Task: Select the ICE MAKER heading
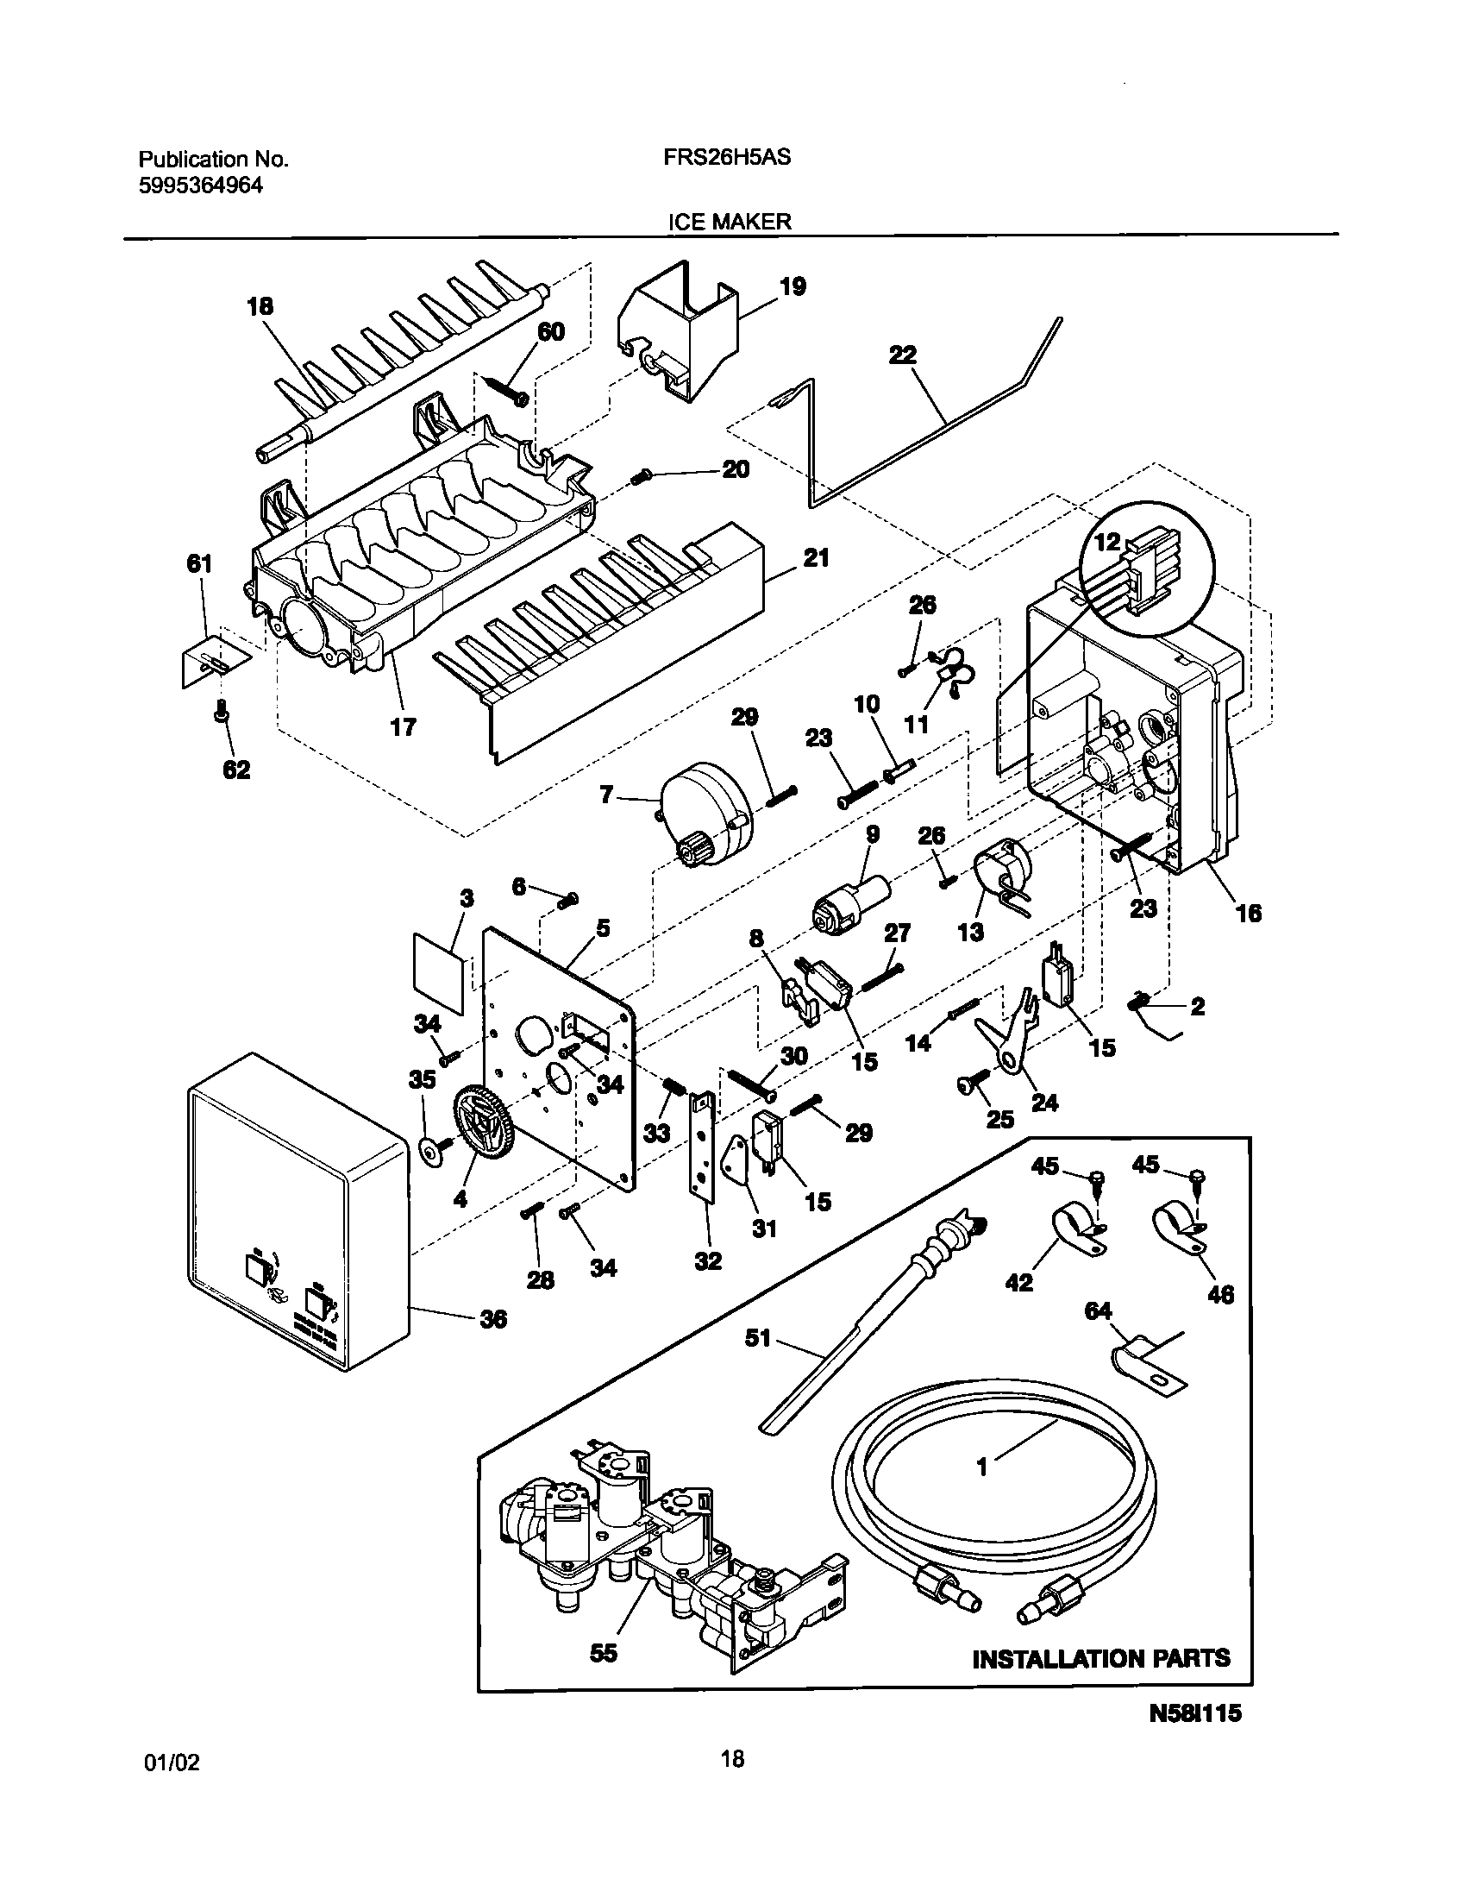tap(730, 222)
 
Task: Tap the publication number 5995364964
tap(200, 185)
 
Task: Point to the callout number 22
tap(902, 355)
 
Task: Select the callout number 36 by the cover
tap(493, 1318)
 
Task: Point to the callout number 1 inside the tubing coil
tap(980, 1466)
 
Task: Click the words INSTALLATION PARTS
tap(1100, 1658)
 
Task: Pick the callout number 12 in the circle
tap(1107, 542)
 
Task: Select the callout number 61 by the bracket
tap(199, 564)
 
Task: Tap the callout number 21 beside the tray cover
tap(816, 558)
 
